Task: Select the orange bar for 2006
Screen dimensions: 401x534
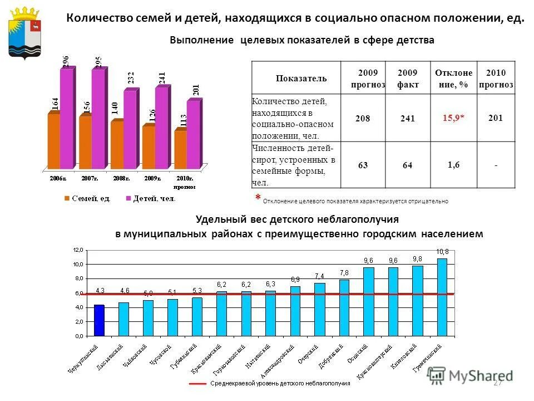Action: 53,140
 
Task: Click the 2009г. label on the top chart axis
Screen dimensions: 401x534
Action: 152,178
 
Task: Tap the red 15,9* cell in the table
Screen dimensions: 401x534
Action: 453,118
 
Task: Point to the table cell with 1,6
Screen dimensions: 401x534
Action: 453,165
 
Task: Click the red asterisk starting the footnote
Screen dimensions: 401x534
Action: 258,198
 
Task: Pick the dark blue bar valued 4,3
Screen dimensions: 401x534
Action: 99,320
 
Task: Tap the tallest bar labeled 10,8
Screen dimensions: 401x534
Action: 442,297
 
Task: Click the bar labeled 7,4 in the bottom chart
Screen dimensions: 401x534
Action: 319,309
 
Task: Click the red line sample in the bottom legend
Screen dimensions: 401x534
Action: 197,384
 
